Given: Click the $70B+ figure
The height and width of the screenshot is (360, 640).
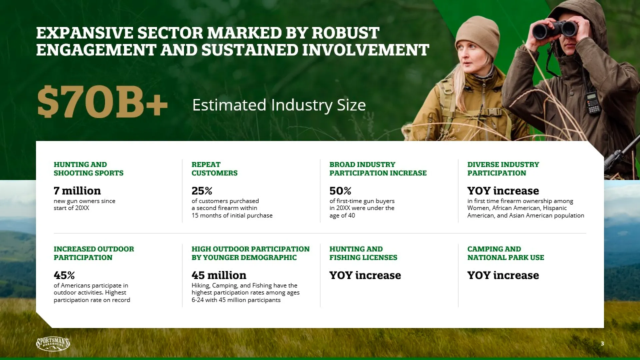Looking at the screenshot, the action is tap(102, 102).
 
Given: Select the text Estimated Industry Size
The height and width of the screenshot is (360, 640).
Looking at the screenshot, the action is tap(279, 105).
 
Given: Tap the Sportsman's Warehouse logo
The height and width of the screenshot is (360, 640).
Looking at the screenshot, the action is tap(53, 344).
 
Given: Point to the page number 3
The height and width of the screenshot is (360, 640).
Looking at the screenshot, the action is tap(602, 344).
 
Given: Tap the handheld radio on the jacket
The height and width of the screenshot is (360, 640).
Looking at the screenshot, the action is tap(592, 102).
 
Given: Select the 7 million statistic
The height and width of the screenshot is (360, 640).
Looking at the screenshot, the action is tap(77, 191).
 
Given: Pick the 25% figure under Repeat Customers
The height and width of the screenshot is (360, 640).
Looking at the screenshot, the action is tap(202, 191).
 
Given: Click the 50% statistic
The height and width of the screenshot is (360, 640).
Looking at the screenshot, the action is tap(340, 191).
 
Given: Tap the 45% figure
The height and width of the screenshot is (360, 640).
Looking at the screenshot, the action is tap(64, 275).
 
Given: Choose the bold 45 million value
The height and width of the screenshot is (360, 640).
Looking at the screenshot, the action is tap(219, 275).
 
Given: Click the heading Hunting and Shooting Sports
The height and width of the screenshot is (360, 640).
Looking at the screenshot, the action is tap(88, 169).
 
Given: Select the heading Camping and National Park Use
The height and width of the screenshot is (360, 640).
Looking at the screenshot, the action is tap(506, 253).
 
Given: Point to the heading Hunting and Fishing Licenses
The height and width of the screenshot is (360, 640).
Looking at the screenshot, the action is tap(363, 253).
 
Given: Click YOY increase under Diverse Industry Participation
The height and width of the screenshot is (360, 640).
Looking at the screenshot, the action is tap(503, 191).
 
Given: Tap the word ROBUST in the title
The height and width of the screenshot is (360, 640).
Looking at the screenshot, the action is tap(345, 33).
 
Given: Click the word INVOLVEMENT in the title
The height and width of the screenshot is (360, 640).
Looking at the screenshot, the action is tap(365, 50).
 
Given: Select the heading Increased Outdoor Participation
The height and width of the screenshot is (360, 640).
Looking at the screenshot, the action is tap(94, 253).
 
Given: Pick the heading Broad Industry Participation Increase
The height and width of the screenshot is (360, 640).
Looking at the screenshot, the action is tap(378, 169).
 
